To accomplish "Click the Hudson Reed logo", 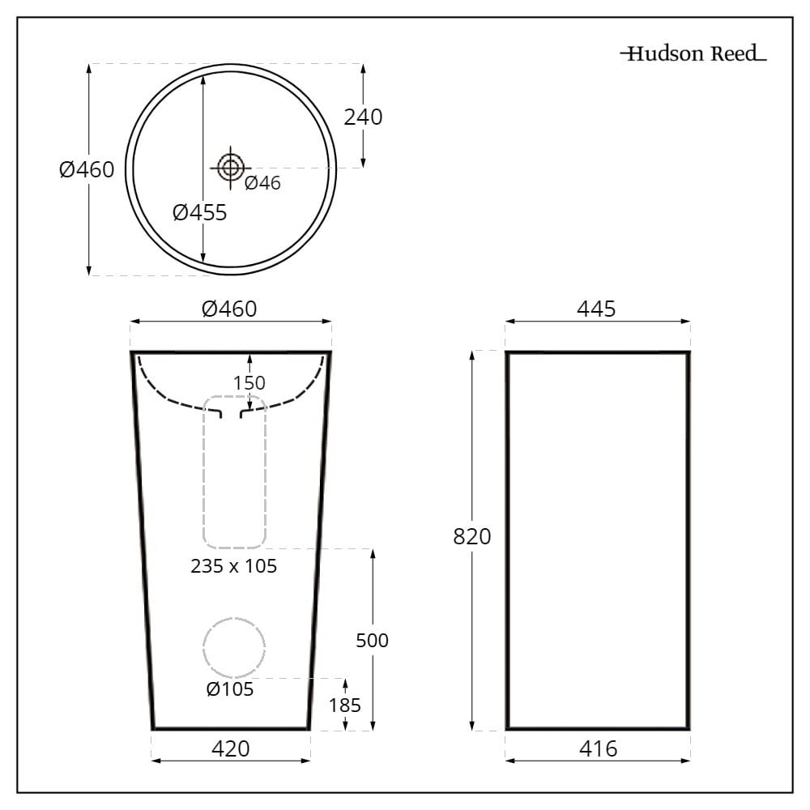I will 693,54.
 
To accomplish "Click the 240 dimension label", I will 363,117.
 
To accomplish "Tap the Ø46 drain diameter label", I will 262,183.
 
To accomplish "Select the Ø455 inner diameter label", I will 199,213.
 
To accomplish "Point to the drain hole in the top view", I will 230,168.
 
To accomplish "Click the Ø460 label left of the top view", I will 87,170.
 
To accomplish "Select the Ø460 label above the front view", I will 229,309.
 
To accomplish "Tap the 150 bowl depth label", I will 249,383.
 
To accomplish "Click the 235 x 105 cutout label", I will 233,566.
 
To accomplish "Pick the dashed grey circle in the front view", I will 234,647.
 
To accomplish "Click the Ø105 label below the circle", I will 229,689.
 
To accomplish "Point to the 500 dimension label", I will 373,641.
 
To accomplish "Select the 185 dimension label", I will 345,705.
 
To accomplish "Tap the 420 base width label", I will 231,748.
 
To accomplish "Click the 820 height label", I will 472,536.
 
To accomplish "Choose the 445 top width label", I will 596,309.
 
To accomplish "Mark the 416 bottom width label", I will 598,748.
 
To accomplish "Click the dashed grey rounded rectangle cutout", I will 235,471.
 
